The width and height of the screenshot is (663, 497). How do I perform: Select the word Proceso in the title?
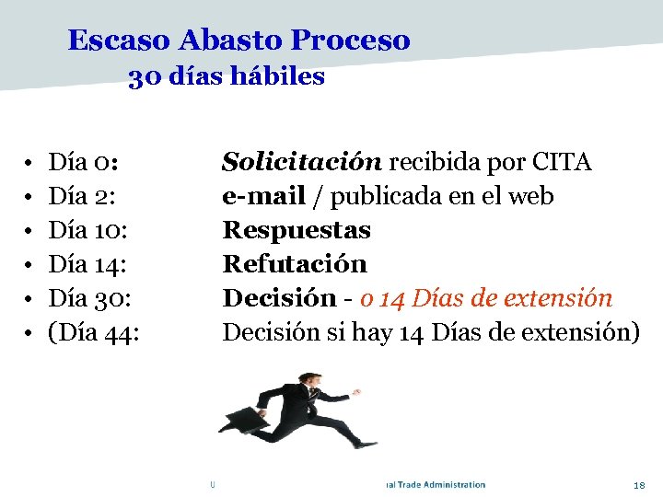click(350, 40)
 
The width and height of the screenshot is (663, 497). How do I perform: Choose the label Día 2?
click(82, 196)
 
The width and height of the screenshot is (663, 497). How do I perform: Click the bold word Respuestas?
click(297, 230)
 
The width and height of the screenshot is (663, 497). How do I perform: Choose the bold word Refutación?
click(295, 264)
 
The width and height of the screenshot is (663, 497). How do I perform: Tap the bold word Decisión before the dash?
click(280, 298)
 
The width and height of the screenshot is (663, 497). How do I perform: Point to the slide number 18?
click(640, 485)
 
